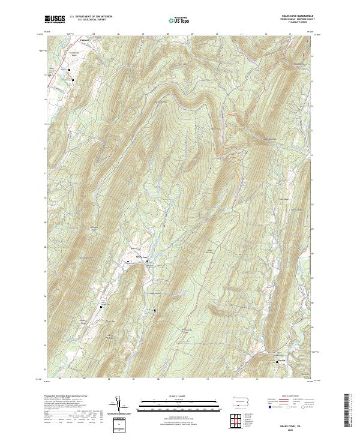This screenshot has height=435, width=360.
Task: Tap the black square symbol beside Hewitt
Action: point(276,362)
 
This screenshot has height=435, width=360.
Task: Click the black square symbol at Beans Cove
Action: point(148,261)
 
